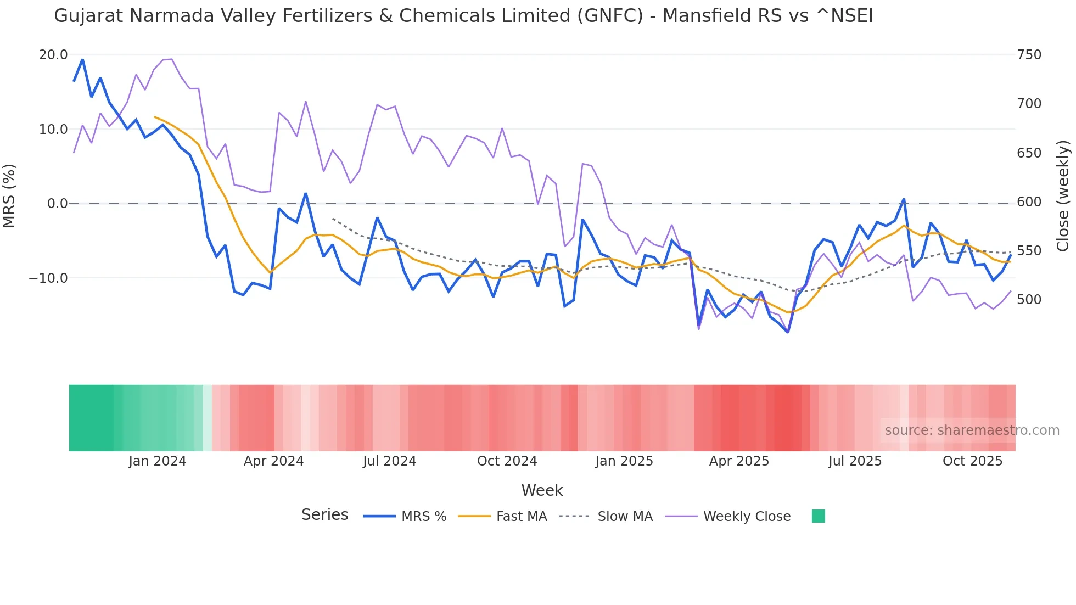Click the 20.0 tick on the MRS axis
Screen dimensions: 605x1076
pyautogui.click(x=53, y=55)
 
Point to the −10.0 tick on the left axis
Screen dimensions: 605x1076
pyautogui.click(x=48, y=278)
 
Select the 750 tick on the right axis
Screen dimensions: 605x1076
pyautogui.click(x=1029, y=55)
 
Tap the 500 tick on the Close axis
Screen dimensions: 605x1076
pyautogui.click(x=1029, y=300)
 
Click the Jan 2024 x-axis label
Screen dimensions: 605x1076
pyautogui.click(x=158, y=461)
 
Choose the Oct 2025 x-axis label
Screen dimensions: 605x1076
pyautogui.click(x=972, y=461)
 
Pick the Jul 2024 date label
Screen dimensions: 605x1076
pyautogui.click(x=389, y=461)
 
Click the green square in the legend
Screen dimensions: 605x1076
pyautogui.click(x=818, y=516)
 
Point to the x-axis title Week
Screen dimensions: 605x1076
pyautogui.click(x=542, y=490)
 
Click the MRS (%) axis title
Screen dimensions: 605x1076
pyautogui.click(x=9, y=195)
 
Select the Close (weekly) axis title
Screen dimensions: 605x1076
pyautogui.click(x=1063, y=195)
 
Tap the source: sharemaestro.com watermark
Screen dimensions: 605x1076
pyautogui.click(x=972, y=430)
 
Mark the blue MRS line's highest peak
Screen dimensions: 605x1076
pyautogui.click(x=82, y=59)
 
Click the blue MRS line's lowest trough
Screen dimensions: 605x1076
pyautogui.click(x=788, y=332)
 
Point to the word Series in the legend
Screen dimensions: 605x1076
pyautogui.click(x=324, y=515)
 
